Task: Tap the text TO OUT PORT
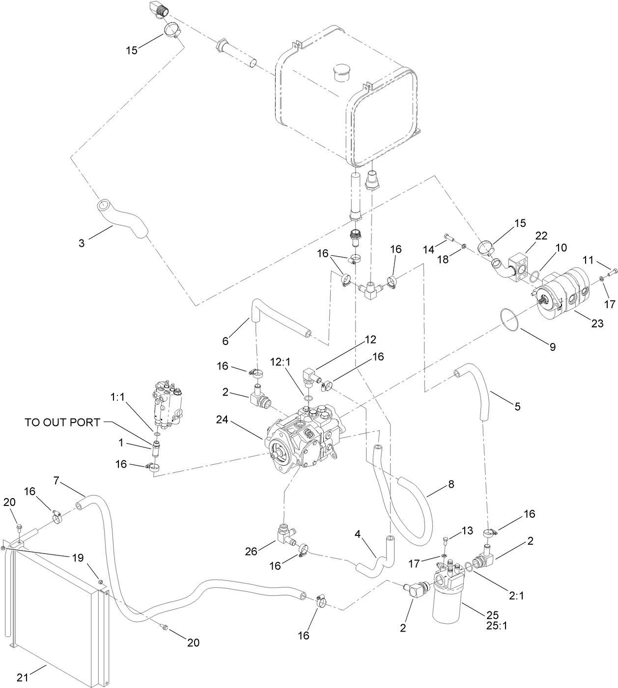coord(62,422)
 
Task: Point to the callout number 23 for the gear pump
coord(597,323)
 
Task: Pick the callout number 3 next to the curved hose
coord(82,242)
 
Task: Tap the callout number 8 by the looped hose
coord(450,484)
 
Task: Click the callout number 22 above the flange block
coord(541,236)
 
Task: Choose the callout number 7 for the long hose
coord(56,480)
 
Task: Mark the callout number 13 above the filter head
coord(467,530)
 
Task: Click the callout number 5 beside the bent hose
coord(517,406)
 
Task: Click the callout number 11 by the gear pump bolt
coord(589,259)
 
